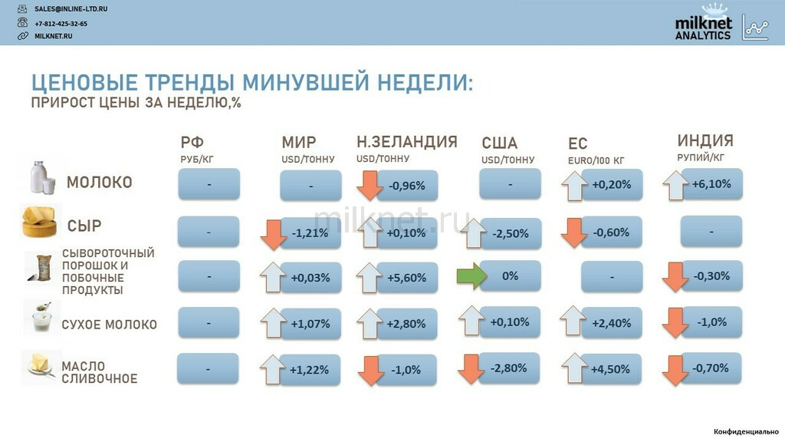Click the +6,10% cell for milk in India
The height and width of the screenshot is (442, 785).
711,184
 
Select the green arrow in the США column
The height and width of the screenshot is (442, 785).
471,275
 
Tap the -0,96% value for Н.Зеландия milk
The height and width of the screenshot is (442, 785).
406,186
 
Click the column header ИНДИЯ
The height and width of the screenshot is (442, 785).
705,140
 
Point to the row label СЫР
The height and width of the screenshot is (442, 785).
84,226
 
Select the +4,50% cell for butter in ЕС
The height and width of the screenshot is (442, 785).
610,369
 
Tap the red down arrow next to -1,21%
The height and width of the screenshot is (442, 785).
274,235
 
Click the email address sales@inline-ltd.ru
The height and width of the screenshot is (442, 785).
71,9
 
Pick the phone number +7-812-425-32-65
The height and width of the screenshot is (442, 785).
61,24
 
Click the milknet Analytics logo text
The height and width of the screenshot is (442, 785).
703,28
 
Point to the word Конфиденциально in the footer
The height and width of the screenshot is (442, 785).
746,431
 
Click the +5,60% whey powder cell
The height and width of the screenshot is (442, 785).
406,278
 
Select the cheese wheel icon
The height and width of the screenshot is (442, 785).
39,221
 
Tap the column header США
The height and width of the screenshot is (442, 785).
499,143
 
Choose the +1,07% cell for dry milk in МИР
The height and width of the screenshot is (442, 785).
310,324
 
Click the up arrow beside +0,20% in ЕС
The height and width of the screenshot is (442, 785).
574,186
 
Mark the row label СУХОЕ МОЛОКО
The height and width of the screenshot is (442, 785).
109,325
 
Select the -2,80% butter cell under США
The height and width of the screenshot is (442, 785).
509,368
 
